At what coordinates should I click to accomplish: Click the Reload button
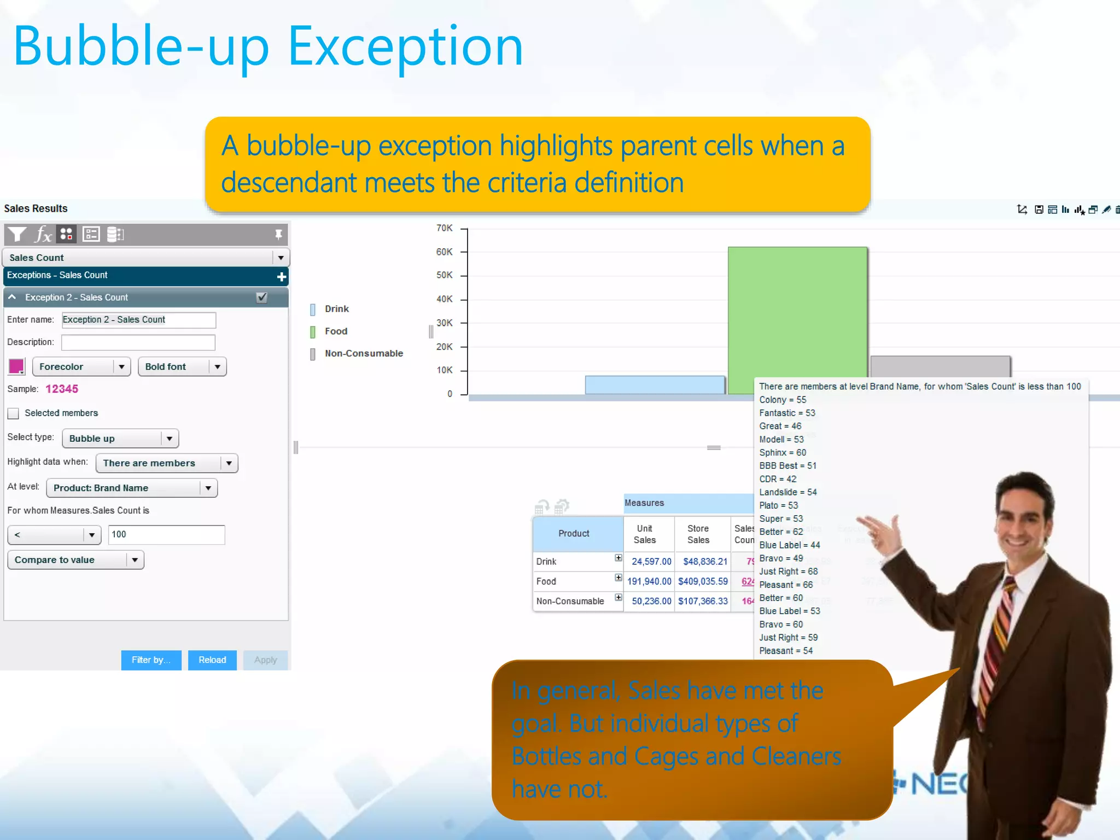tap(212, 660)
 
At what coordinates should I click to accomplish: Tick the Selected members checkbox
tap(14, 413)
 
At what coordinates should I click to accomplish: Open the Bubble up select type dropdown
tap(120, 439)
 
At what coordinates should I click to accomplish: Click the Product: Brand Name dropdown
tap(132, 488)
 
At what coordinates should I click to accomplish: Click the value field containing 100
tap(166, 534)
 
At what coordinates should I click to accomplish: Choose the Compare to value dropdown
tap(75, 560)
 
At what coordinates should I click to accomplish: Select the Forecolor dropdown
tap(81, 366)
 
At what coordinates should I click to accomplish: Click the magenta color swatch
tap(16, 366)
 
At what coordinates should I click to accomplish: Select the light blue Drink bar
tap(655, 384)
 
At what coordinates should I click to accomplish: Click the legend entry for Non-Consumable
tap(364, 353)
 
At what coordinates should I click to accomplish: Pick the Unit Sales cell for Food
tap(649, 581)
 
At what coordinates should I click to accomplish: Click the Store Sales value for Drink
tap(705, 562)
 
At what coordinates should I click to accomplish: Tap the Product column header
tap(574, 533)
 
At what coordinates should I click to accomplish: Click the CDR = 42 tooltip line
tap(777, 479)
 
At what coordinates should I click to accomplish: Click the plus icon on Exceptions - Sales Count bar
tap(282, 277)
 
